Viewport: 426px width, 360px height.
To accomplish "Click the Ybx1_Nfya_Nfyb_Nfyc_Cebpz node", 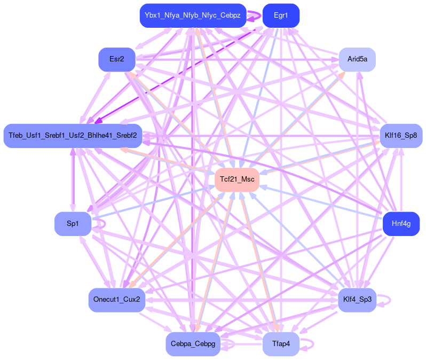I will (x=193, y=15).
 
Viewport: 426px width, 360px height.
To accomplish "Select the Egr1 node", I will (x=281, y=15).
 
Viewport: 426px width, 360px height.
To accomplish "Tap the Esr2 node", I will (x=117, y=59).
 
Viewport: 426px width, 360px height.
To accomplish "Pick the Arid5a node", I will (x=357, y=59).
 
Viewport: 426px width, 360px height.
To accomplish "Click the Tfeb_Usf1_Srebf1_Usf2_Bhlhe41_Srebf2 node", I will (x=73, y=136).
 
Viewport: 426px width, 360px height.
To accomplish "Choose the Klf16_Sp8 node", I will (x=400, y=136).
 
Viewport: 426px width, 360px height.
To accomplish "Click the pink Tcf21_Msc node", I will (x=237, y=179).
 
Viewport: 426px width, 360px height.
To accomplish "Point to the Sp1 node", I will (x=73, y=224).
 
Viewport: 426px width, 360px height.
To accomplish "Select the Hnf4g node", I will (x=401, y=224).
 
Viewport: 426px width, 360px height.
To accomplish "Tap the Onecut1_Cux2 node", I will (x=116, y=300).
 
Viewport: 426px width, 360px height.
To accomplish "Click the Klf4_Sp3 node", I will (x=357, y=300).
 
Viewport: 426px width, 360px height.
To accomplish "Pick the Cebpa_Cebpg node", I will (x=193, y=344).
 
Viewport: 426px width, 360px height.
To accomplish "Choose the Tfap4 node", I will (x=281, y=344).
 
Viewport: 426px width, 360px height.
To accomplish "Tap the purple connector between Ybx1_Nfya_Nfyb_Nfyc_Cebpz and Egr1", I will (x=254, y=16).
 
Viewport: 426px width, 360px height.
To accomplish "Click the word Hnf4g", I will (x=401, y=224).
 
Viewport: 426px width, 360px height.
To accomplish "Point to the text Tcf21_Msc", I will (x=237, y=179).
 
